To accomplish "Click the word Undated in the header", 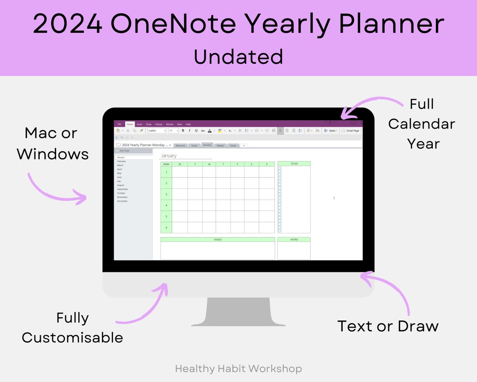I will click(x=238, y=57).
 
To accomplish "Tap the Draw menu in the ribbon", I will click(x=148, y=124).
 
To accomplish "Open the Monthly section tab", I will click(x=207, y=145).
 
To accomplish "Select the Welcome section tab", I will click(x=180, y=145).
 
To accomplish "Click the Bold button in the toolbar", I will click(x=183, y=131).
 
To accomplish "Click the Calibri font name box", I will click(x=156, y=131).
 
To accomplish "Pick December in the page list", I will click(x=122, y=201).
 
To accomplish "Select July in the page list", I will click(x=119, y=181).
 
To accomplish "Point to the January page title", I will click(x=169, y=156).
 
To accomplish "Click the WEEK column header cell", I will click(x=166, y=164).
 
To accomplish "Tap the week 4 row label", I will click(x=166, y=205).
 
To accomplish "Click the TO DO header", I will click(x=294, y=164).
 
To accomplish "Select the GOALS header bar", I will click(x=218, y=240).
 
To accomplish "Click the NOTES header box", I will click(x=294, y=240).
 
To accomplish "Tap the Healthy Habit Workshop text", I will click(x=238, y=368).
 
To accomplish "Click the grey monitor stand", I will click(x=238, y=312).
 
